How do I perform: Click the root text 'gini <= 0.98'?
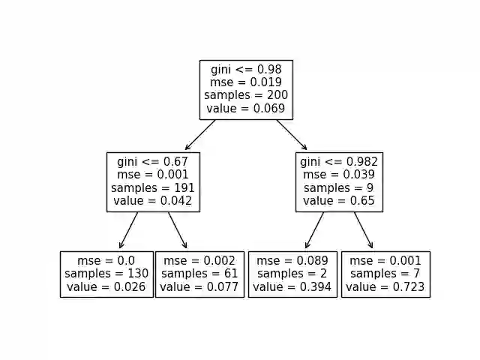click(246, 70)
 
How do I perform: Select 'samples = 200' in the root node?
click(246, 96)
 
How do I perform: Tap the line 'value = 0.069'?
click(246, 109)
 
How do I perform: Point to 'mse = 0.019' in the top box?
click(246, 82)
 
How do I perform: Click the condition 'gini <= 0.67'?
click(153, 162)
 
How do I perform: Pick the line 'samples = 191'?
click(153, 188)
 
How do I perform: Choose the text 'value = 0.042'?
click(153, 201)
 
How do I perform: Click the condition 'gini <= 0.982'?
click(339, 162)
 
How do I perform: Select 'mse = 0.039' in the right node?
click(339, 175)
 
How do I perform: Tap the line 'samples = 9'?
click(339, 188)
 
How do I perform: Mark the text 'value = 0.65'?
click(339, 201)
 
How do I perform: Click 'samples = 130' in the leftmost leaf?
click(106, 274)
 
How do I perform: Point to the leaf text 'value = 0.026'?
click(106, 287)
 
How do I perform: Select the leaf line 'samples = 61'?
click(199, 274)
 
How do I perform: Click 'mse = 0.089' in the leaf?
click(292, 261)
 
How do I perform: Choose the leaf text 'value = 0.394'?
click(292, 287)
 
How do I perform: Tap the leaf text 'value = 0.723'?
click(385, 287)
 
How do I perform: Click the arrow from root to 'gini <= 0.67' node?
click(200, 135)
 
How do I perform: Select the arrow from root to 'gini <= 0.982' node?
click(292, 135)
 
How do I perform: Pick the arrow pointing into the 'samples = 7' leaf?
click(363, 230)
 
